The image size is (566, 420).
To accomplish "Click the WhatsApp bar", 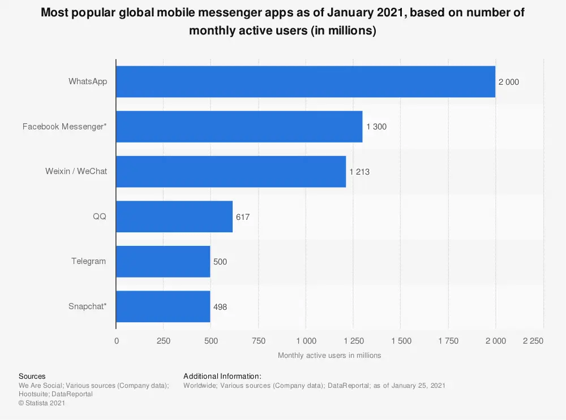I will click(306, 81).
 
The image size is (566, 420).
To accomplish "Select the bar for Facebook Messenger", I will click(239, 127).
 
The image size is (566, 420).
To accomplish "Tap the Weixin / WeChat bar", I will click(231, 171).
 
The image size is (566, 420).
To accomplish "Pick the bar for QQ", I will click(174, 217).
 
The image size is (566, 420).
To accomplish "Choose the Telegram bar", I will click(163, 261).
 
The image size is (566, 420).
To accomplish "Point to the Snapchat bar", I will click(163, 306).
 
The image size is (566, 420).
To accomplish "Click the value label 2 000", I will click(508, 82).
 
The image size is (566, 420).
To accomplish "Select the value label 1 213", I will click(359, 172).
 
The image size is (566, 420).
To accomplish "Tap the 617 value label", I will click(243, 217).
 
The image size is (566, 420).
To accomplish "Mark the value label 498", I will click(220, 307).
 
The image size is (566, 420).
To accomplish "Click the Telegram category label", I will click(89, 261).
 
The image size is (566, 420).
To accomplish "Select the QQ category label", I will click(100, 217).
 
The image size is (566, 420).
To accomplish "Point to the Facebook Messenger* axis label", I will click(65, 127).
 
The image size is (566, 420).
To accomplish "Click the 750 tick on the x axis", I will click(259, 341).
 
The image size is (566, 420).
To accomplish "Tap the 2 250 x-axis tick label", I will click(533, 341).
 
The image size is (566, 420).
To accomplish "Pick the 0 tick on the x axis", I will click(117, 341).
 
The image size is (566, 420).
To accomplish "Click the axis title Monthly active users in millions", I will click(329, 356).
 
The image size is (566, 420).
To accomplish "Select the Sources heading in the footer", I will click(32, 376).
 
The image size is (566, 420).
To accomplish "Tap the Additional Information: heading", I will click(222, 376).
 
